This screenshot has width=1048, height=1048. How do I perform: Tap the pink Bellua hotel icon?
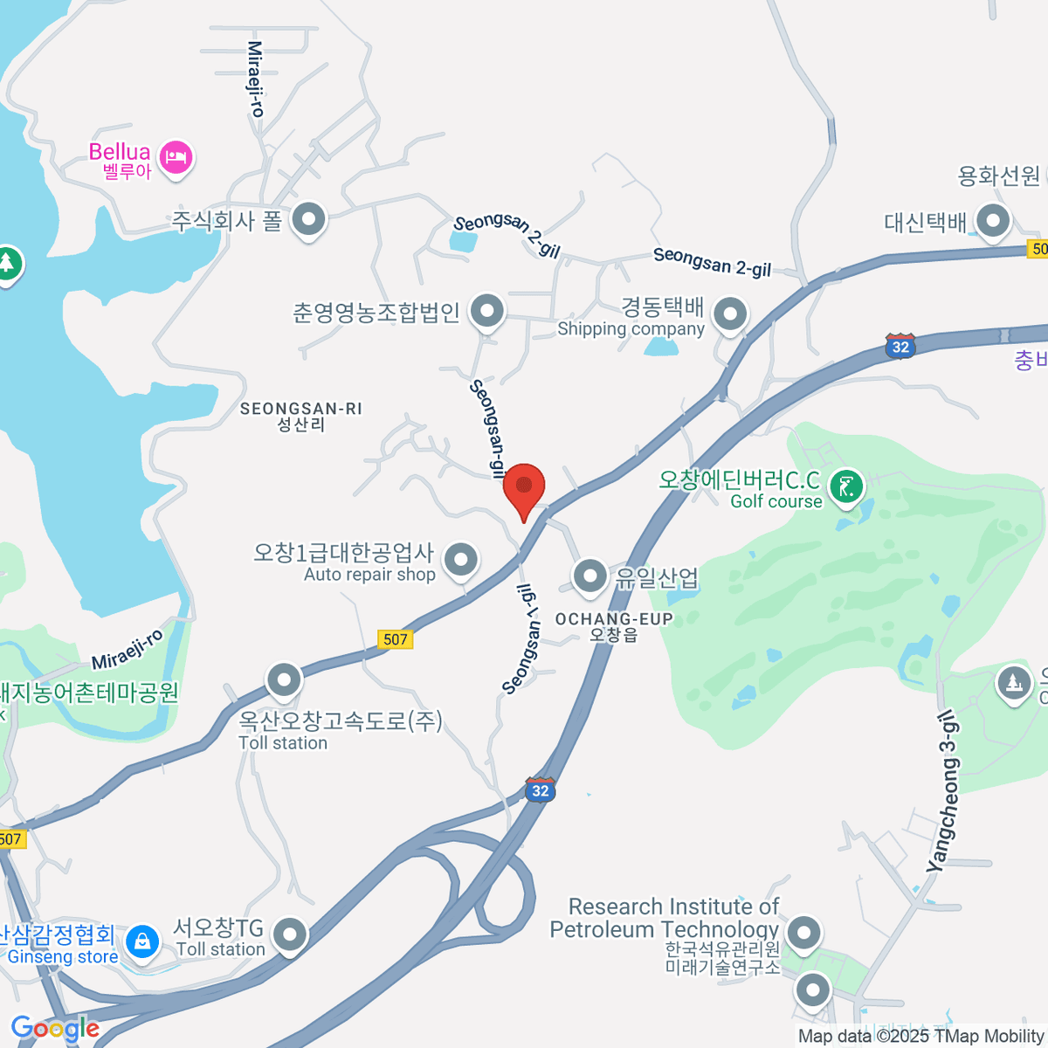point(176,158)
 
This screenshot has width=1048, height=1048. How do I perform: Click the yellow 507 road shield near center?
point(396,639)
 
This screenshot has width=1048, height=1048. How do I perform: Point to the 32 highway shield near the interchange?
point(541,789)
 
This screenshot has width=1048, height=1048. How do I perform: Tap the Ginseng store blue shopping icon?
point(141,941)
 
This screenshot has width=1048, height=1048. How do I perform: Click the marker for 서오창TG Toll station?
point(289,935)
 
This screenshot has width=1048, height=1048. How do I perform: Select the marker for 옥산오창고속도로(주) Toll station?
point(284,680)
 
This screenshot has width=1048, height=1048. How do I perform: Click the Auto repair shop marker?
point(460,559)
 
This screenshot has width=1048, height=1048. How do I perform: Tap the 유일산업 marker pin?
point(590,576)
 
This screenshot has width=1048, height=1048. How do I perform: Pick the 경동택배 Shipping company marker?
point(730,313)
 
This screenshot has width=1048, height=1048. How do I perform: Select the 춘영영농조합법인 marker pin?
point(486,310)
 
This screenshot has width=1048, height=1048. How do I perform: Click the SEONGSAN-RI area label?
point(300,416)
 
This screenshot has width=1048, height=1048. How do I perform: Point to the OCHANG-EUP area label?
point(614,625)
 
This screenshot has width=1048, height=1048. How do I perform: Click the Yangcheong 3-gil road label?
point(943,790)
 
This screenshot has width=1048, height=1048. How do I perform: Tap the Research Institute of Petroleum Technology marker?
point(803,933)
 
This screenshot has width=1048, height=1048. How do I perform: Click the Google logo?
point(54,1028)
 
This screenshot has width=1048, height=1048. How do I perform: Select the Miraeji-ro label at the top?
point(255,79)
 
